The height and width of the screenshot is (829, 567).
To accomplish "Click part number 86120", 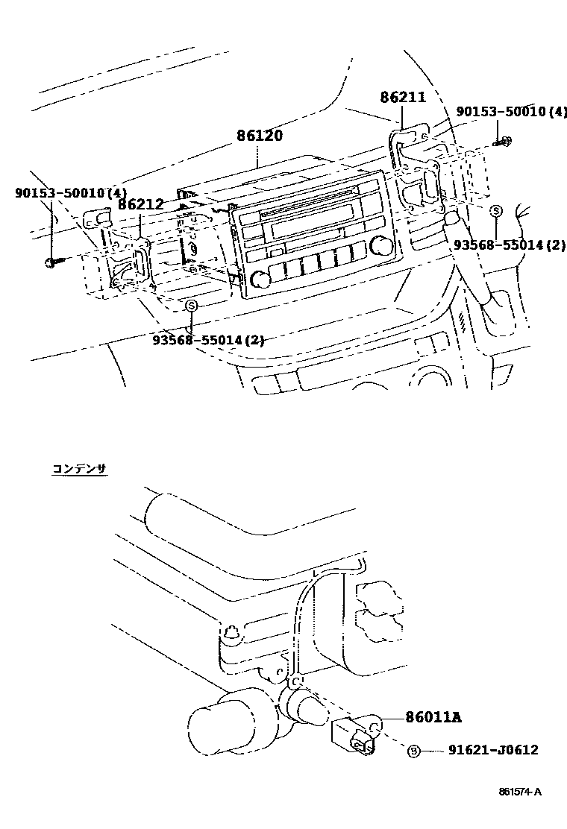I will [260, 136].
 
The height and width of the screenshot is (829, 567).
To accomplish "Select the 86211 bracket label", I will [402, 97].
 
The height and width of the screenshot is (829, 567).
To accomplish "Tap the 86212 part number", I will [142, 203].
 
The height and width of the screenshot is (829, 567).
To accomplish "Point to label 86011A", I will [433, 717].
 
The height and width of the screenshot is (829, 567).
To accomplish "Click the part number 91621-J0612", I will [493, 751].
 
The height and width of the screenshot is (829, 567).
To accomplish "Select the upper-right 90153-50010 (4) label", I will [512, 112].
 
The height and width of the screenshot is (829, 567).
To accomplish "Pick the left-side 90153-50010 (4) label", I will [71, 193].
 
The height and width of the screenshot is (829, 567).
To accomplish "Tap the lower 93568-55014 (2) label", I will [208, 340].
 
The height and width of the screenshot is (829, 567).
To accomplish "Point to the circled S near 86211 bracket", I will [495, 212].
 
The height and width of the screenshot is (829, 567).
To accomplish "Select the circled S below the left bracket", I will [192, 305].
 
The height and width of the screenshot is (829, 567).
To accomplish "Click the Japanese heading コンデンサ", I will [79, 468].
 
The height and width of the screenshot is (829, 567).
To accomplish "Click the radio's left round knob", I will [260, 280].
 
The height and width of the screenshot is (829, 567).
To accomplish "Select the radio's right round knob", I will [383, 245].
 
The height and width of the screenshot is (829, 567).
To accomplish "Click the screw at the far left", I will [52, 262].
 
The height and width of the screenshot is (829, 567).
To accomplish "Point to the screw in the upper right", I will [503, 141].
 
